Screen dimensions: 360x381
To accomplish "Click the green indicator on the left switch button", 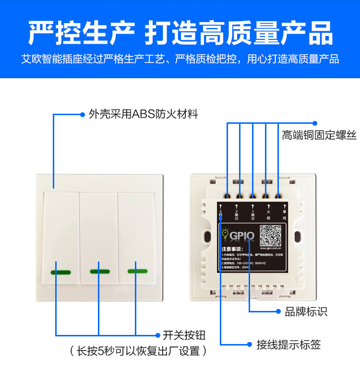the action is [x=61, y=273].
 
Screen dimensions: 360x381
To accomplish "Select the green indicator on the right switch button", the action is [x=137, y=271].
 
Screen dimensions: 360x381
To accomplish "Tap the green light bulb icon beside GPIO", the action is [x=225, y=234].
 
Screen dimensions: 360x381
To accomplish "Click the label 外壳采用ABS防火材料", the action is [x=143, y=114].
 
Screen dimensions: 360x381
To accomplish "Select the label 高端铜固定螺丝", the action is [x=319, y=135].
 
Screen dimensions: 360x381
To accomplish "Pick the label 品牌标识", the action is [x=306, y=311].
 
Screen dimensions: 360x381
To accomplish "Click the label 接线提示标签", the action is [x=288, y=344].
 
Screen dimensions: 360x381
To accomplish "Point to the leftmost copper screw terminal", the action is [x=227, y=196].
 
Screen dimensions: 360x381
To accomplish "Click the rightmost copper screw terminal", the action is [x=278, y=196].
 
